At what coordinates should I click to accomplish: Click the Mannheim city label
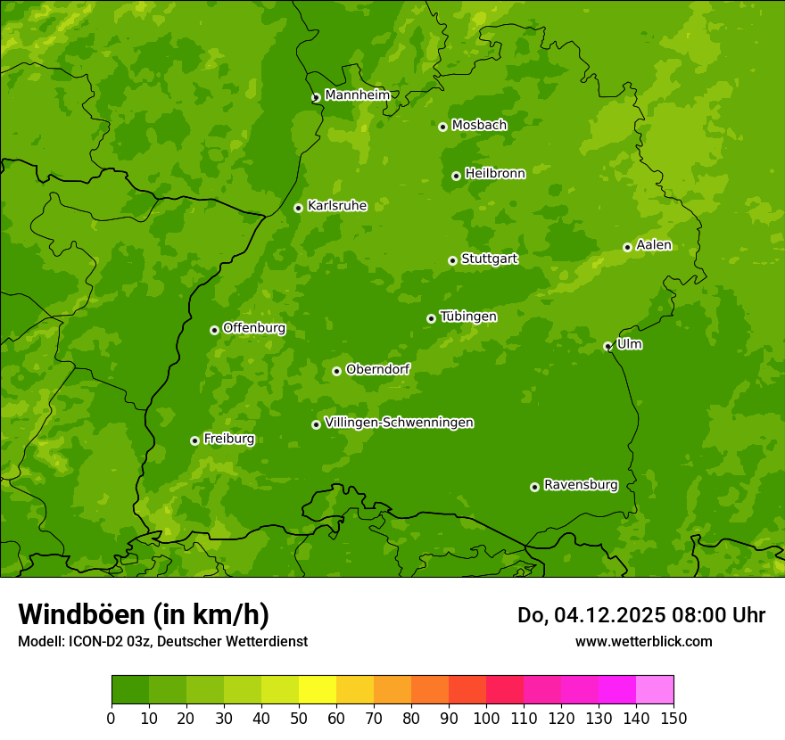click(357, 95)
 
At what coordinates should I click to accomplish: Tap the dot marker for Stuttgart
click(452, 260)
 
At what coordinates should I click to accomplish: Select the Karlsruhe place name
click(336, 206)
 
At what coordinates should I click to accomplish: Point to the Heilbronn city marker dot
click(456, 176)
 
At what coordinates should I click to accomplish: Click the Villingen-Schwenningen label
click(399, 423)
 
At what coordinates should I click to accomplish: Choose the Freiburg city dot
click(194, 440)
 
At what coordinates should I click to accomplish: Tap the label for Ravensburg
click(580, 485)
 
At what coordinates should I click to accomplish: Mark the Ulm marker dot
click(607, 346)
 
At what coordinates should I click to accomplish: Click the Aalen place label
click(654, 245)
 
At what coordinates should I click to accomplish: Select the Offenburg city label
click(253, 328)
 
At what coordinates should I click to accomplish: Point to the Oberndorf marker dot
click(336, 371)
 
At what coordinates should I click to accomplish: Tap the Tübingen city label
click(467, 317)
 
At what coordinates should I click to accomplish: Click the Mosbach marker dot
click(442, 127)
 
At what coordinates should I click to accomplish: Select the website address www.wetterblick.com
click(643, 641)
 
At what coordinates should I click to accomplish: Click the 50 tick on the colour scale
click(299, 718)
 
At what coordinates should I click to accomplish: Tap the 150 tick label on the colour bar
click(673, 718)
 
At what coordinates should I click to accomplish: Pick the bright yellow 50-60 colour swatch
click(318, 690)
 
